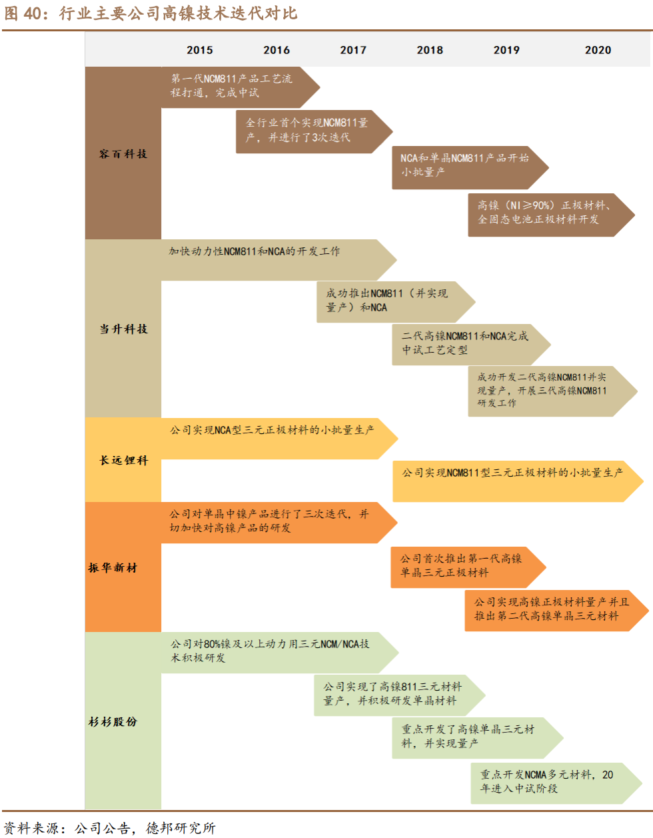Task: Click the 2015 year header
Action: tap(199, 50)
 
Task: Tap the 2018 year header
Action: tap(430, 50)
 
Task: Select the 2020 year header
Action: tap(598, 50)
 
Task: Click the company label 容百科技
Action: tap(123, 154)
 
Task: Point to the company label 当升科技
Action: tap(123, 329)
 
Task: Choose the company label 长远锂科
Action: tap(123, 460)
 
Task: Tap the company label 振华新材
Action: tap(113, 567)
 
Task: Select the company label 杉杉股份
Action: tap(113, 721)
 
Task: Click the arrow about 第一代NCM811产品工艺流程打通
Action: tap(233, 86)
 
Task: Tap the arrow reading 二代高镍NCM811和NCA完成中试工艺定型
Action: tap(466, 343)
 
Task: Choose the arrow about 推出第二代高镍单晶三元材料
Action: tap(549, 609)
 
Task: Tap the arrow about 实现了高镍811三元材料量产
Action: tap(393, 694)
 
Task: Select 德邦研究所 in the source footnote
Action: tap(181, 828)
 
